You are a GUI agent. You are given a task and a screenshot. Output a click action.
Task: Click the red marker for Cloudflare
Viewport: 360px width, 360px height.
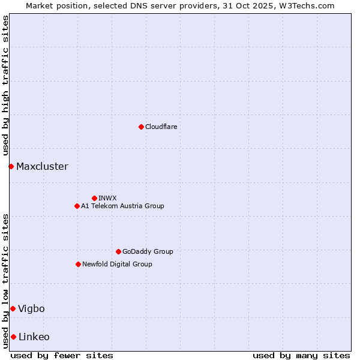pos(141,127)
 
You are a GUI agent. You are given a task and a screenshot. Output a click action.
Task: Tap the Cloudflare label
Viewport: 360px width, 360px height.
pos(161,127)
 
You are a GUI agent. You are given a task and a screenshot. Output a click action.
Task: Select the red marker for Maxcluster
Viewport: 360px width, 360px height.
pos(11,166)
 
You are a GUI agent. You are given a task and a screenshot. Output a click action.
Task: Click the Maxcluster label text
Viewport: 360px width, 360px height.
pos(42,166)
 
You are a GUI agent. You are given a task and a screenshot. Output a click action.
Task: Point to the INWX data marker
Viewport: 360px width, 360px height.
pos(94,198)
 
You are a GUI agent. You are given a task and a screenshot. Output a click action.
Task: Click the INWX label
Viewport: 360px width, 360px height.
pos(107,198)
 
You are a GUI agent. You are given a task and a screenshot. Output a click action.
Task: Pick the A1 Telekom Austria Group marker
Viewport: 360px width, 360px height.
pos(77,206)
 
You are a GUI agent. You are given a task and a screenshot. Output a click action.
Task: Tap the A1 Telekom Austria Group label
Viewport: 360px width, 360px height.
pos(122,206)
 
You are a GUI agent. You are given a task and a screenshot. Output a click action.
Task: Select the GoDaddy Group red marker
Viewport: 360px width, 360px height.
pos(118,251)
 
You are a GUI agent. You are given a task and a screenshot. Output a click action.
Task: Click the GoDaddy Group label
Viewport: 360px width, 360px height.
pos(148,251)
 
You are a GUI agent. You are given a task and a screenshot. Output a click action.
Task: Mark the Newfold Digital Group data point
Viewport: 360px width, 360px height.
pos(78,264)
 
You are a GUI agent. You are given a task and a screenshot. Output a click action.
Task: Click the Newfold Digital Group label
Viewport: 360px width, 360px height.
pos(117,264)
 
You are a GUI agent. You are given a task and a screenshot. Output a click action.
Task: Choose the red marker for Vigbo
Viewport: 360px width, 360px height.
pos(13,308)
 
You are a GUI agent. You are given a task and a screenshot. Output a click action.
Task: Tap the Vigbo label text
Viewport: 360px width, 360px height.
pos(31,308)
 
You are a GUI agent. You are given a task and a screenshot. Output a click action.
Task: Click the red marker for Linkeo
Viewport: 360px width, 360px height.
pos(13,337)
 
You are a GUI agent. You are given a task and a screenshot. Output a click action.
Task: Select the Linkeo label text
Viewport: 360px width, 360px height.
pos(34,337)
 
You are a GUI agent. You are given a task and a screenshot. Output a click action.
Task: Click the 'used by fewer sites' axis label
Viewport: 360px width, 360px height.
pos(62,355)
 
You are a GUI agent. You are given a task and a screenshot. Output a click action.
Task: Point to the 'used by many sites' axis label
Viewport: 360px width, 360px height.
pos(301,355)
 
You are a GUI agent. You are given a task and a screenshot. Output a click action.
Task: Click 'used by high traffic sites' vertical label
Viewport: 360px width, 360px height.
pos(5,86)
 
